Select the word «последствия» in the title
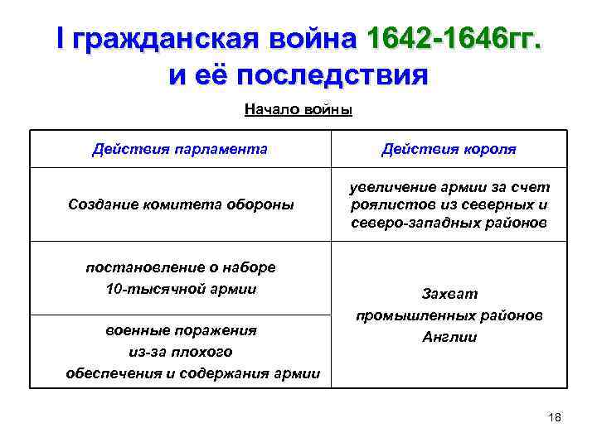point(333,76)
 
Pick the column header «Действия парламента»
point(180,149)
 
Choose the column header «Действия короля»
point(449,149)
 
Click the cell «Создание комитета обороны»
point(181,204)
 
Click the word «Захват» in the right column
point(449,294)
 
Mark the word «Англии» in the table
point(449,337)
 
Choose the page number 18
point(555,417)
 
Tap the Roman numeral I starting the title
point(61,38)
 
